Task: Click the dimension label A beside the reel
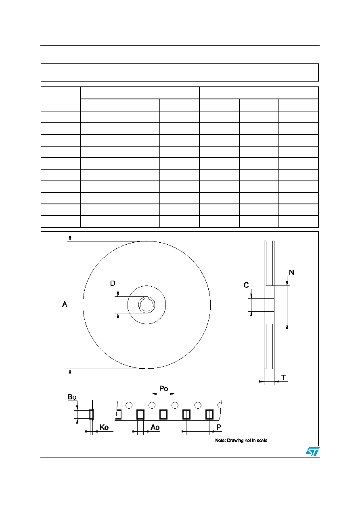click(65, 304)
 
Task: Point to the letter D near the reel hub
click(113, 283)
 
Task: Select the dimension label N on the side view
click(291, 272)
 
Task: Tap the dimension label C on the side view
click(246, 285)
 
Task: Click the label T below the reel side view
click(284, 378)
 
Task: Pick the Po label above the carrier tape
click(163, 388)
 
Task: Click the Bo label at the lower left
click(72, 397)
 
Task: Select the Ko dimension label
click(104, 427)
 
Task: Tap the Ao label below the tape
click(155, 427)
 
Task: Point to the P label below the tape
click(219, 427)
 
